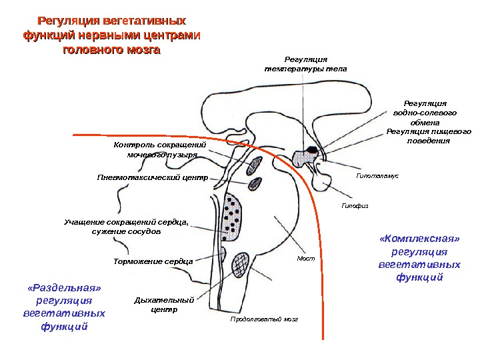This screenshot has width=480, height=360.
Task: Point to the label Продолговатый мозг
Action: coord(264,319)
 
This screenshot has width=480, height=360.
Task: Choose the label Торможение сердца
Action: coord(153,261)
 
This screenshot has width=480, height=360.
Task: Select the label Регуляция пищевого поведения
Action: coord(429,137)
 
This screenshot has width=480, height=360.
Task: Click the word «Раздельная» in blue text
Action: coord(65,288)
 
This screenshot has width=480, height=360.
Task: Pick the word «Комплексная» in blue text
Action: coord(419,238)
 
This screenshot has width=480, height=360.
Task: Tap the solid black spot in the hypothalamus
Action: coord(312,149)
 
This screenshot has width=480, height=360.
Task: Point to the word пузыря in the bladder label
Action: coord(179,155)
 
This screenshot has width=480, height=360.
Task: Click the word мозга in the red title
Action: coord(138,50)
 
